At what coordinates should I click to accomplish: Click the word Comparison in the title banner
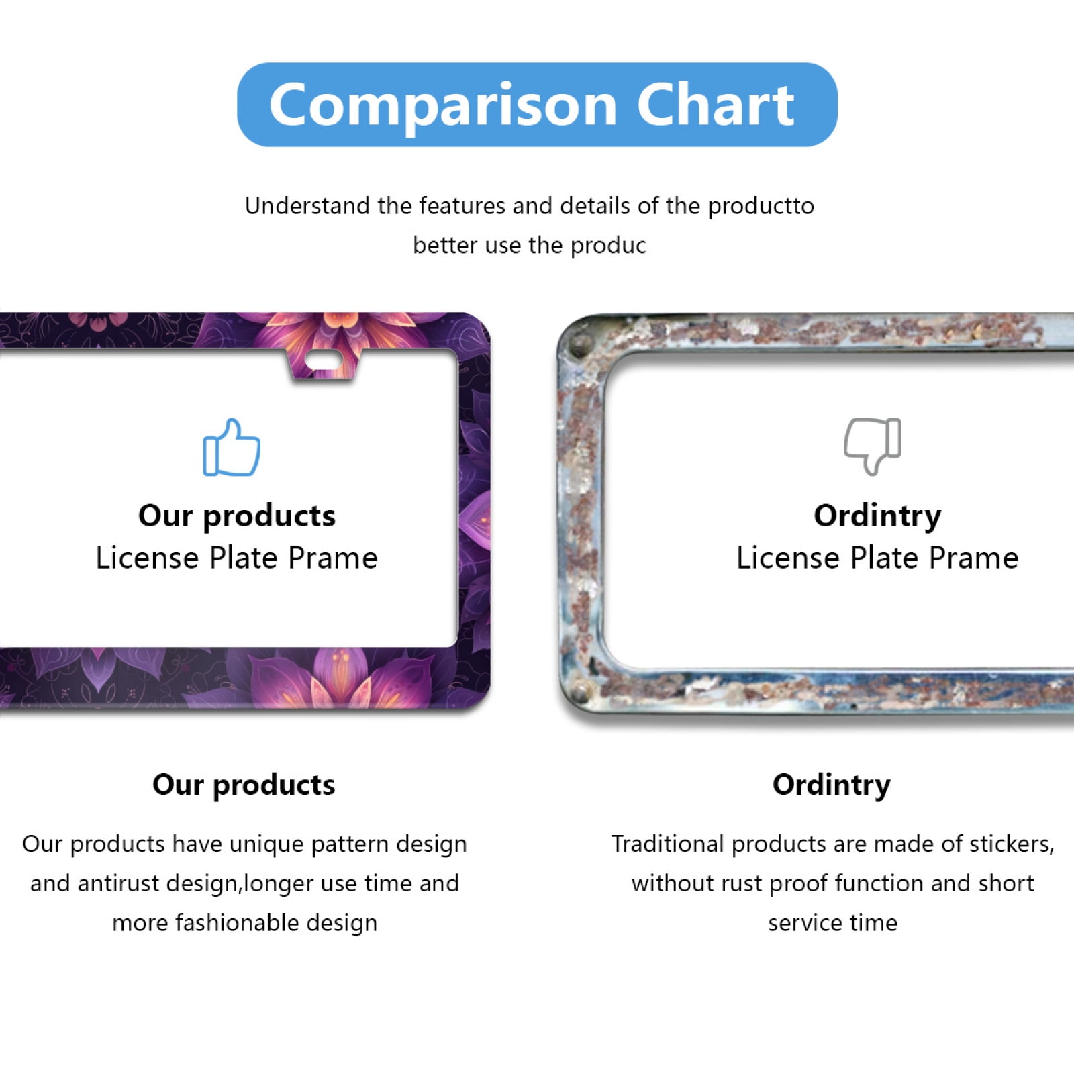(x=443, y=105)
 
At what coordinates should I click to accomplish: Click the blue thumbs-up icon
(x=232, y=448)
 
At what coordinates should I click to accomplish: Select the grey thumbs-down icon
(x=873, y=446)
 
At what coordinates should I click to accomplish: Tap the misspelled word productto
(x=761, y=206)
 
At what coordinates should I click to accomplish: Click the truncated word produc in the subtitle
(x=608, y=246)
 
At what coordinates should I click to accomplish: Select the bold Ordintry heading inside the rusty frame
(x=877, y=516)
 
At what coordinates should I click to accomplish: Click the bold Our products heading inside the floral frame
(x=236, y=516)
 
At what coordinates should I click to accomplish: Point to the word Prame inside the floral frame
(x=333, y=558)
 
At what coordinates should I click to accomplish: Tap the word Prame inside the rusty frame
(x=974, y=558)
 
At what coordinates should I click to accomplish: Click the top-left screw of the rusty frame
(x=576, y=348)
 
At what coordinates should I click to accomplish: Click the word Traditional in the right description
(x=667, y=844)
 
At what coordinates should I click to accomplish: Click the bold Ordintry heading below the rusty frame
(x=831, y=785)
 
